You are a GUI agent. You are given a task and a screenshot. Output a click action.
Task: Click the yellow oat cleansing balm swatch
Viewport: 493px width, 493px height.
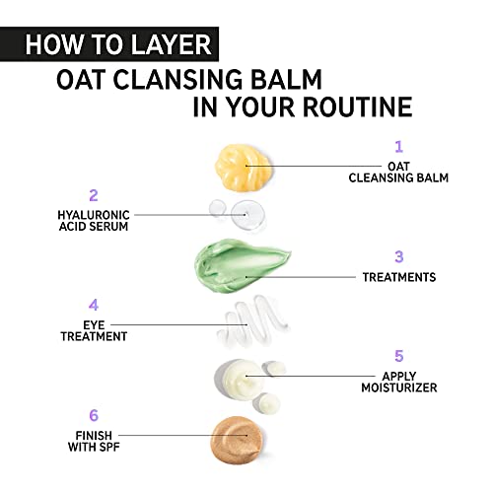[244, 167]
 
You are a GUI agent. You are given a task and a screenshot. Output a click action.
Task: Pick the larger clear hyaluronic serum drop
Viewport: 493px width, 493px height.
[247, 214]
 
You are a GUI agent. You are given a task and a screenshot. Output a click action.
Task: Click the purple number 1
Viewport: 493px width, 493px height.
[398, 147]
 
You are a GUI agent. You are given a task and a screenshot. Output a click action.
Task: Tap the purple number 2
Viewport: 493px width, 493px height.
[94, 195]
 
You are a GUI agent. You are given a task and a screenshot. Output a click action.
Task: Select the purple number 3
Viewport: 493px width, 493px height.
[399, 256]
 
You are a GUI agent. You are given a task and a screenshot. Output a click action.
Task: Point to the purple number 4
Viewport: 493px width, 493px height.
[94, 306]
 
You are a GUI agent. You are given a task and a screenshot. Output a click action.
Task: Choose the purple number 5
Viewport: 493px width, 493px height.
[399, 356]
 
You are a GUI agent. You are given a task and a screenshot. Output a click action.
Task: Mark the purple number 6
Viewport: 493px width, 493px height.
[94, 415]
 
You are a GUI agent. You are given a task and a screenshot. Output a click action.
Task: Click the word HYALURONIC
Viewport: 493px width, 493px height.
[94, 215]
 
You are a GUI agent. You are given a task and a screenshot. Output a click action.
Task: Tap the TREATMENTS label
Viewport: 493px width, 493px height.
[399, 277]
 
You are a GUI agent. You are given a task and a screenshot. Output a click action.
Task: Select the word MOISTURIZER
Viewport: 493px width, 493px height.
[399, 387]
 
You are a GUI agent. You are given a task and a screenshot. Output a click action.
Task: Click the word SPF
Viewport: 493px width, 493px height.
[109, 447]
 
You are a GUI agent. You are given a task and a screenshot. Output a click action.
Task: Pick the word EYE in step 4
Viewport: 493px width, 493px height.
[94, 325]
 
